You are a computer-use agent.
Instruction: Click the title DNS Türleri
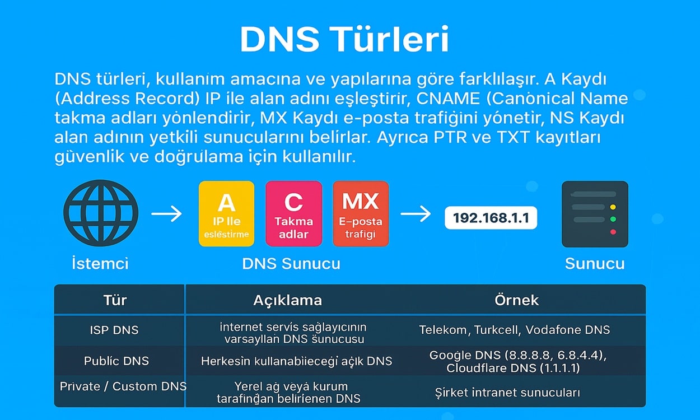click(x=344, y=39)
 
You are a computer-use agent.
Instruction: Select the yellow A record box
click(x=227, y=214)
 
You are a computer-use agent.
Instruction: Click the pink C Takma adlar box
click(x=294, y=214)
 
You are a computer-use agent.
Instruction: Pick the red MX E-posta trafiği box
click(x=361, y=214)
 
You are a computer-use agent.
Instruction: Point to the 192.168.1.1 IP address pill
click(x=491, y=218)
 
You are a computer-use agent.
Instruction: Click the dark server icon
click(x=595, y=214)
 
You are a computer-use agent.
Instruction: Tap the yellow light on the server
click(x=613, y=207)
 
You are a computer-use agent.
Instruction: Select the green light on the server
click(x=613, y=220)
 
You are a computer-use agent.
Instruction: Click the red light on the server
click(x=613, y=232)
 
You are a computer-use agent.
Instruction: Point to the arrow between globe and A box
click(x=166, y=214)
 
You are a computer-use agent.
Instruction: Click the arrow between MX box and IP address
click(x=416, y=214)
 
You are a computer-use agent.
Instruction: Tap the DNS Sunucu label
click(x=291, y=263)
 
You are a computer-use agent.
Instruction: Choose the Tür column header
click(x=115, y=300)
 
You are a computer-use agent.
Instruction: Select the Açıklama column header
click(x=287, y=300)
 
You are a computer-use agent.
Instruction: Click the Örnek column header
click(x=516, y=300)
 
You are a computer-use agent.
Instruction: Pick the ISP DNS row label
click(x=114, y=330)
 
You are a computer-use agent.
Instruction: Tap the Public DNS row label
click(x=116, y=361)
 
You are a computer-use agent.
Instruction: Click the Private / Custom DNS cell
click(x=123, y=386)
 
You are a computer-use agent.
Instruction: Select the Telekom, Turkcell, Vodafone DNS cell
click(x=515, y=330)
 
